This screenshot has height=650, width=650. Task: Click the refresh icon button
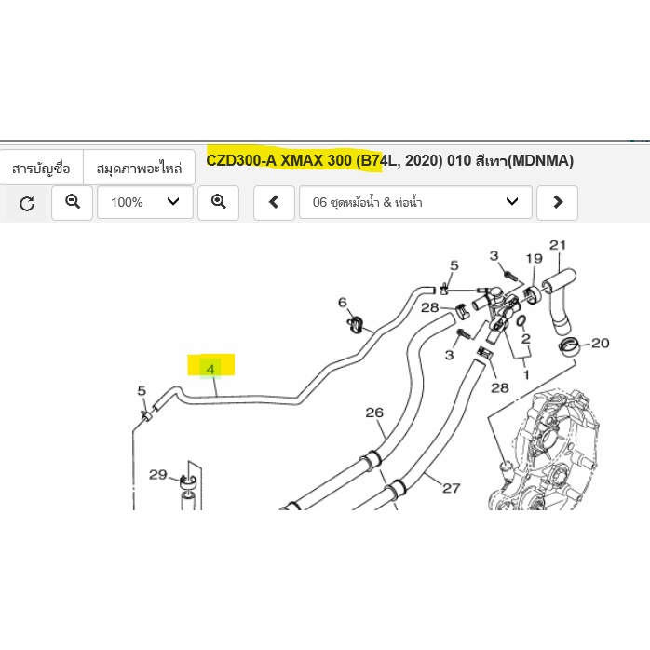pyautogui.click(x=27, y=203)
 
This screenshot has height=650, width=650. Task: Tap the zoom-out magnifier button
pyautogui.click(x=72, y=203)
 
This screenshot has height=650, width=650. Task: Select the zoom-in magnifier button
pyautogui.click(x=219, y=203)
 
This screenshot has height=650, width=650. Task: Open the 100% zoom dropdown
pyautogui.click(x=145, y=203)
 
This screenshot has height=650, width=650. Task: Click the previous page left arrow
pyautogui.click(x=274, y=203)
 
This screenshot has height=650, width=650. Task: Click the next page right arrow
pyautogui.click(x=557, y=203)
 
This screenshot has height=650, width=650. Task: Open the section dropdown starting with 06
pyautogui.click(x=415, y=203)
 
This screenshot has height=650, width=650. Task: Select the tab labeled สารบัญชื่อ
pyautogui.click(x=42, y=169)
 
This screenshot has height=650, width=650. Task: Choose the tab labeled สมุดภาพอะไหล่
pyautogui.click(x=140, y=169)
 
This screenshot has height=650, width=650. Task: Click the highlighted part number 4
pyautogui.click(x=210, y=369)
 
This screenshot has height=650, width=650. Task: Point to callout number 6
pyautogui.click(x=343, y=303)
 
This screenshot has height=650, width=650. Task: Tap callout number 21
pyautogui.click(x=558, y=245)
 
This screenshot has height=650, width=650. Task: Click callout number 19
pyautogui.click(x=535, y=259)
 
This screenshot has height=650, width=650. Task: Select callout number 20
pyautogui.click(x=601, y=344)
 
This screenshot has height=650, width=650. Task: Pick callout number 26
pyautogui.click(x=374, y=413)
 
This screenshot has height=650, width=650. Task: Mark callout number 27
pyautogui.click(x=452, y=488)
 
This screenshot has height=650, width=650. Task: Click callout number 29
pyautogui.click(x=158, y=475)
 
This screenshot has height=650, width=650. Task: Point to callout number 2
pyautogui.click(x=526, y=339)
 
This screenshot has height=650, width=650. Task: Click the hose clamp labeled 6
pyautogui.click(x=355, y=324)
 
